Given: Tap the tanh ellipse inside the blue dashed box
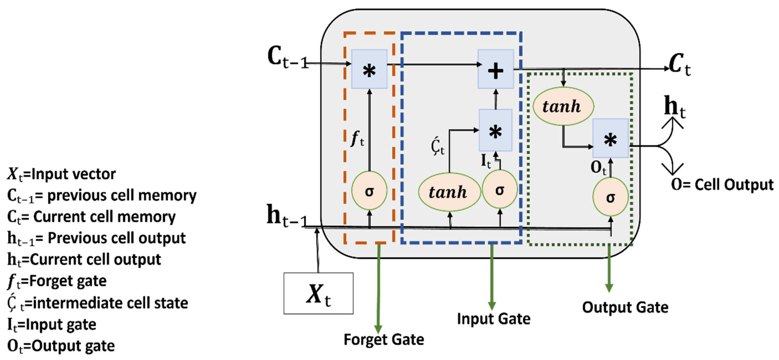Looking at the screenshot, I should click(449, 192).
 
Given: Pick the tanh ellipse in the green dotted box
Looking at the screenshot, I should click(563, 106).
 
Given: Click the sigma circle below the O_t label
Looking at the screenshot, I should click(610, 197).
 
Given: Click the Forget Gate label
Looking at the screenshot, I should click(383, 339).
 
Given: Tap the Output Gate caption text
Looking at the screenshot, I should click(625, 307).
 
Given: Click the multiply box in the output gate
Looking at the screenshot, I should click(610, 138).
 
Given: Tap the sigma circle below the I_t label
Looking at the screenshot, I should click(499, 189).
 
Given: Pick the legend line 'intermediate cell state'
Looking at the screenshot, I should click(97, 303).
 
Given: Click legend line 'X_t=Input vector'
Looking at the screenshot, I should click(61, 174).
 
